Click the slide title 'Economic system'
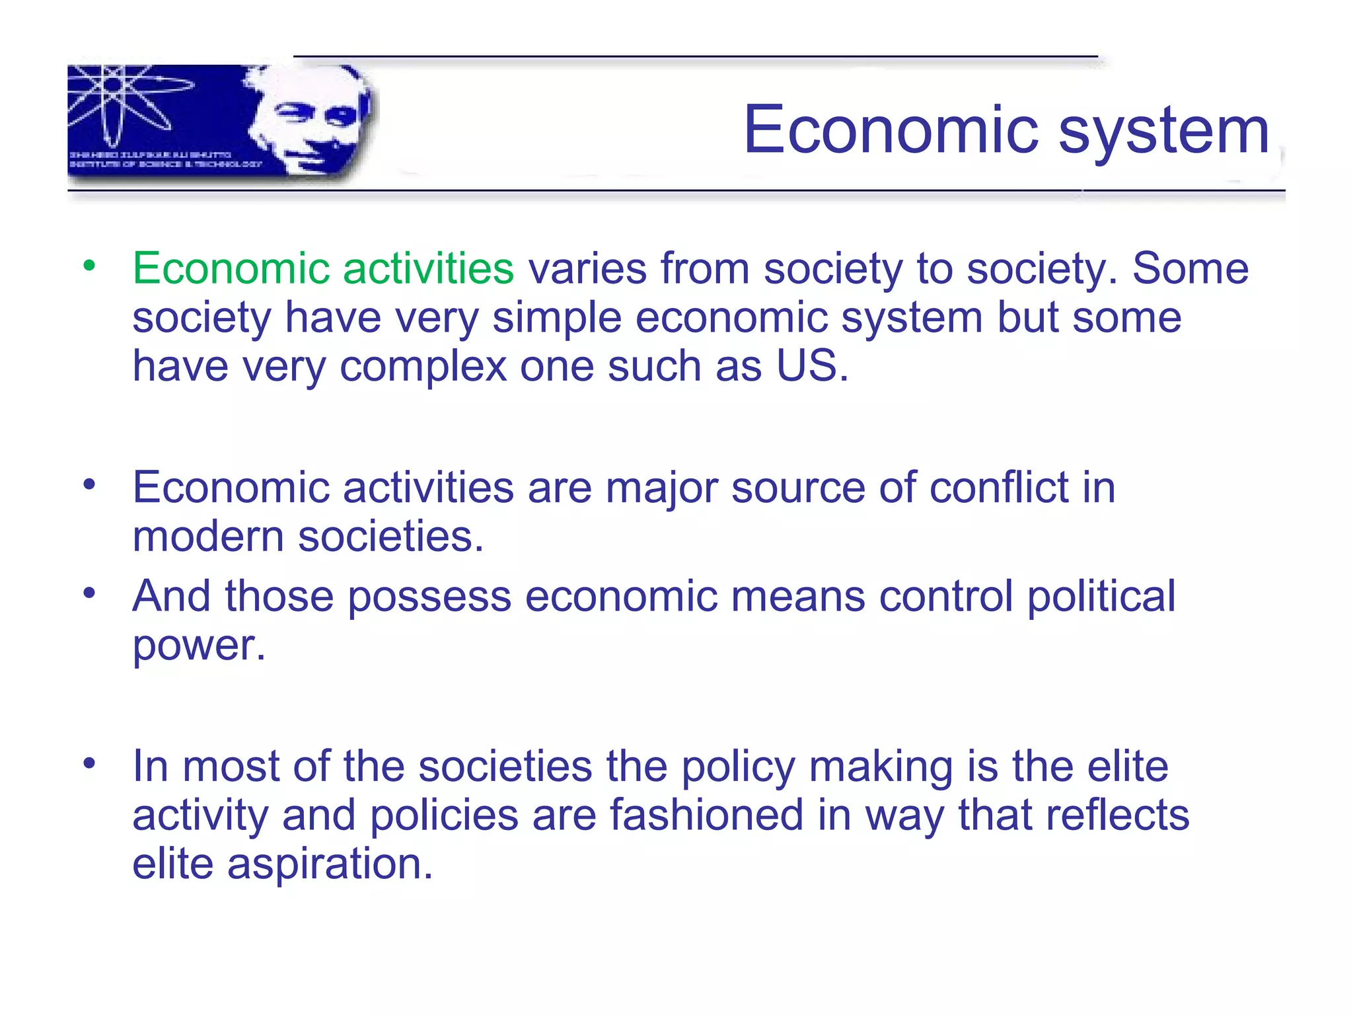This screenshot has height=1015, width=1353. click(x=1006, y=130)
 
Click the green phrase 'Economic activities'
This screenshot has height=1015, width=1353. click(x=323, y=268)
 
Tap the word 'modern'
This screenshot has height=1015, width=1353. click(x=208, y=536)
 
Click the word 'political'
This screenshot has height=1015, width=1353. click(x=1101, y=597)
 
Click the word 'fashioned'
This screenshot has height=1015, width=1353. click(x=706, y=815)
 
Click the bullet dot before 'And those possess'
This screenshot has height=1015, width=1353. click(x=89, y=593)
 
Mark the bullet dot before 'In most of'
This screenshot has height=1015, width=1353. click(x=89, y=763)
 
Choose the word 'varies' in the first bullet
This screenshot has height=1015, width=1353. click(x=587, y=268)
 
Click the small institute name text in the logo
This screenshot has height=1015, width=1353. click(x=165, y=159)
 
